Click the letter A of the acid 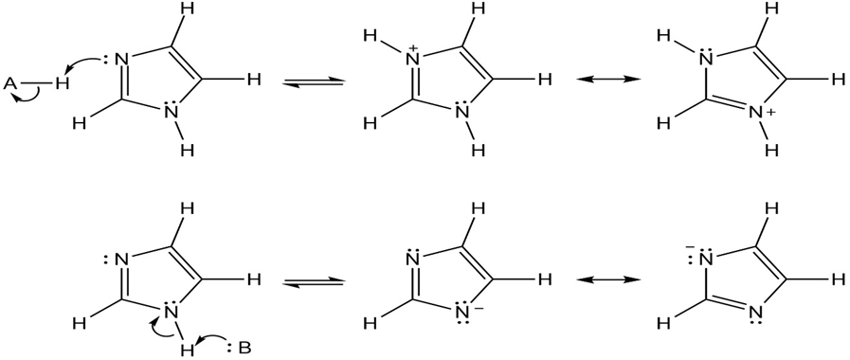point(10,83)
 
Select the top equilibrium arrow point(315,81)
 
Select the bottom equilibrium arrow point(315,282)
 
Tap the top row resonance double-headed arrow point(607,80)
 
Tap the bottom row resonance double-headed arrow point(607,279)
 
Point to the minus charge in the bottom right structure point(689,247)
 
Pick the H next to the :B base point(188,350)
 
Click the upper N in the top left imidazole point(121,59)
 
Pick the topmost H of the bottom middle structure point(479,208)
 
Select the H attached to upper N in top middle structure point(371,35)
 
